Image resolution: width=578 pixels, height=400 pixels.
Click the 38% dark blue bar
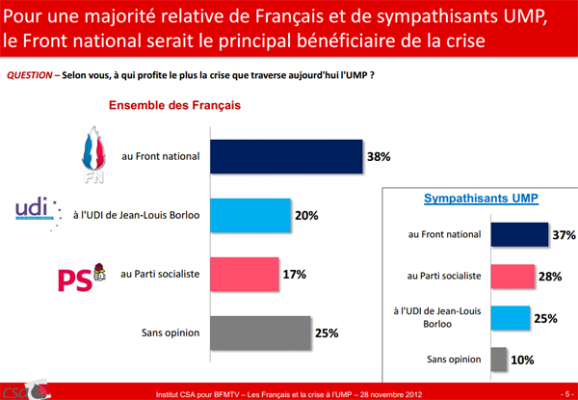[285, 156]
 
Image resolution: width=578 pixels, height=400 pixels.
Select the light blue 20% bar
[249, 215]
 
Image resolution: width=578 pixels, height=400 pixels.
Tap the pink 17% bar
[244, 274]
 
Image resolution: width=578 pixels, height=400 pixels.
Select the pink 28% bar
[512, 277]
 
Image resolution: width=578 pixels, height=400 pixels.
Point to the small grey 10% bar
[498, 360]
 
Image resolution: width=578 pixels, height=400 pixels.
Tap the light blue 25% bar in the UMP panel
[510, 318]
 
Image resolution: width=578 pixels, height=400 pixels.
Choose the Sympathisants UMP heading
[481, 199]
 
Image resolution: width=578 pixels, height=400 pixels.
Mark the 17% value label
[294, 274]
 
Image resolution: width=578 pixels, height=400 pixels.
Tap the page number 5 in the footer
[561, 392]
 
